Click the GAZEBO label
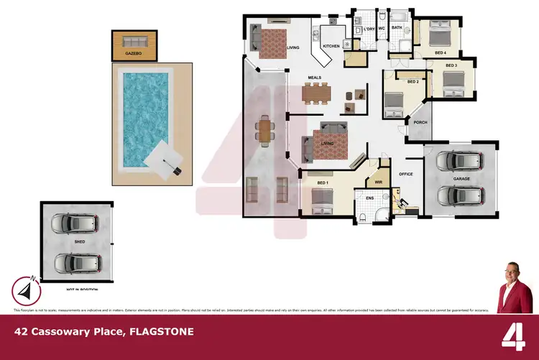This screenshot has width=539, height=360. (x=132, y=53)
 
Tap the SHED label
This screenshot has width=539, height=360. (x=80, y=242)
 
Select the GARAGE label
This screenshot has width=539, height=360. (x=461, y=177)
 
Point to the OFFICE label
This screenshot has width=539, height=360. (x=407, y=173)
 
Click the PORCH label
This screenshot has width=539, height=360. (x=420, y=122)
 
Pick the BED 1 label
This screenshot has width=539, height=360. (x=322, y=183)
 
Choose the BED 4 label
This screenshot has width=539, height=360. (x=439, y=53)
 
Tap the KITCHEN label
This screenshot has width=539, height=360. (x=331, y=46)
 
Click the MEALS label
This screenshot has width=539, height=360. (x=315, y=77)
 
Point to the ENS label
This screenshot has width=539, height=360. (x=370, y=198)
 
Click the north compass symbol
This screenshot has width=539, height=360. (x=24, y=290)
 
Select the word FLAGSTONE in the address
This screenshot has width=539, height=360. (x=160, y=332)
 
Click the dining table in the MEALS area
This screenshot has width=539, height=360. (x=316, y=92)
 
